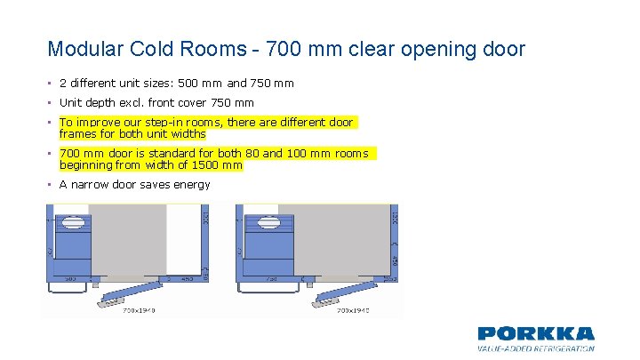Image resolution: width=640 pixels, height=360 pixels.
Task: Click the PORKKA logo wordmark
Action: pyautogui.click(x=536, y=333)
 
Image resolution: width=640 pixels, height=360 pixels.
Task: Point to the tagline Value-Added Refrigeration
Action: pyautogui.click(x=536, y=348)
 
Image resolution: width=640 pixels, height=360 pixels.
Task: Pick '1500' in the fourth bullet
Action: pyautogui.click(x=205, y=165)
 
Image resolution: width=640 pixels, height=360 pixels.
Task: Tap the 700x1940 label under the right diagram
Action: pyautogui.click(x=354, y=310)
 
